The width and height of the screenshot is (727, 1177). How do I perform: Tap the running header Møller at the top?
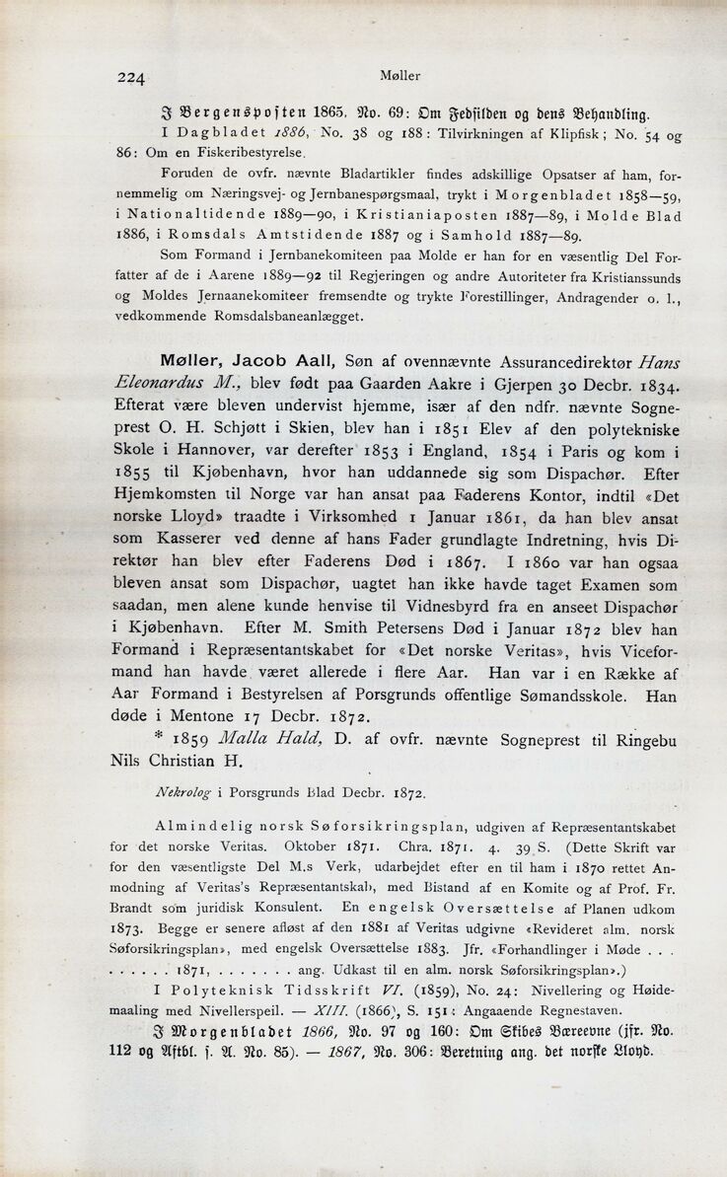[x=400, y=73]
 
